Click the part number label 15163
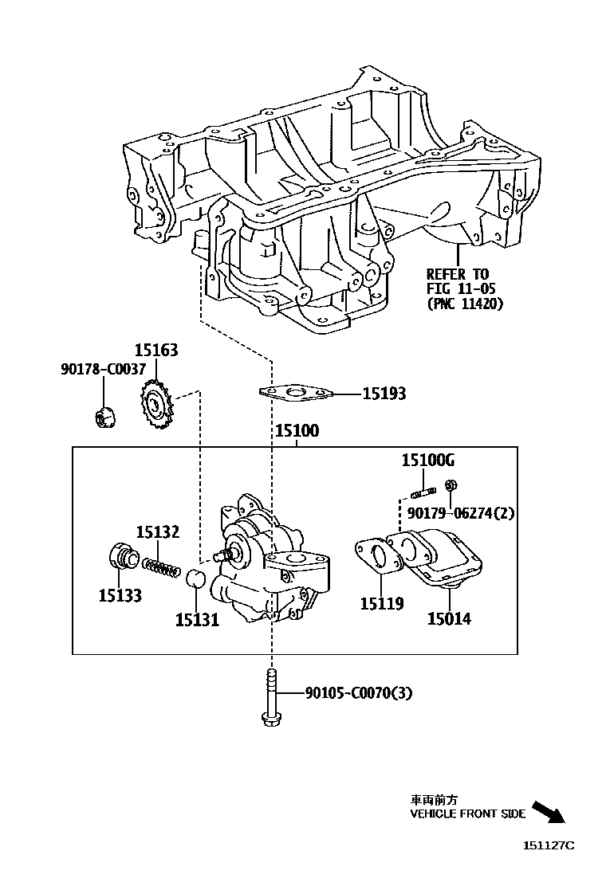[x=155, y=350]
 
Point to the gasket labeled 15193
[x=296, y=393]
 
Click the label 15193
[x=384, y=394]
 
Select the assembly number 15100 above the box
[x=297, y=431]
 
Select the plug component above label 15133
[x=122, y=556]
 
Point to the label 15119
[x=381, y=603]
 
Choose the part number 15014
[x=449, y=617]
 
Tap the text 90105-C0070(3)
[x=359, y=693]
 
